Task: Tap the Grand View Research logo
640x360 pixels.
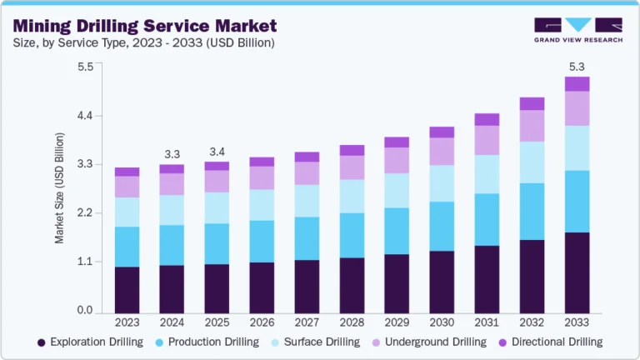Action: (x=577, y=29)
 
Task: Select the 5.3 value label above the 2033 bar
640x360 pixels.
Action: (x=577, y=66)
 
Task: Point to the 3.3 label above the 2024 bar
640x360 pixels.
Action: (x=172, y=154)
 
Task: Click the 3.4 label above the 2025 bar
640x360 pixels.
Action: (x=217, y=152)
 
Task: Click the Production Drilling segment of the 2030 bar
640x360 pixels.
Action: (x=442, y=226)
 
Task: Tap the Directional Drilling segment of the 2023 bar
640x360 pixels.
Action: (x=127, y=172)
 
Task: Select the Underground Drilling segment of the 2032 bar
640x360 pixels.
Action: (x=532, y=126)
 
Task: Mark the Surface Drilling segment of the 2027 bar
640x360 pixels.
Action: (x=307, y=201)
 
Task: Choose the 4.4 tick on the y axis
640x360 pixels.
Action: (x=84, y=115)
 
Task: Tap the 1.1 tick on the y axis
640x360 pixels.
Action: (x=84, y=262)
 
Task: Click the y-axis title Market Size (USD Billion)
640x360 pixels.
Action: (x=59, y=188)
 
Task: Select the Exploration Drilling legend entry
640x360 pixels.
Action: (x=89, y=342)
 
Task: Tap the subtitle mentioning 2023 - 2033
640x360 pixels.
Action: (x=143, y=42)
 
